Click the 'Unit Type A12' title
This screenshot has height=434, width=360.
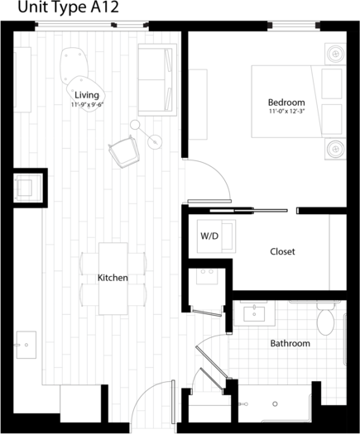68,7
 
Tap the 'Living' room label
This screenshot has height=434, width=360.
87,95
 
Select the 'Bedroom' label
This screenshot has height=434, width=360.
286,103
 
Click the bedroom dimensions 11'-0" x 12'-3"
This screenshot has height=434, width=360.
286,112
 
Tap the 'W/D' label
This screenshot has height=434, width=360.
209,236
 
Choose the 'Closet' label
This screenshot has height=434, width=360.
282,251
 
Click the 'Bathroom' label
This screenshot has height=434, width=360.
290,344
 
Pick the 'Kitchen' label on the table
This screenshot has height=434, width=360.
113,278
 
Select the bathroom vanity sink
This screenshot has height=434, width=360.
254,314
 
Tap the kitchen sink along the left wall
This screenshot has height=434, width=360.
26,345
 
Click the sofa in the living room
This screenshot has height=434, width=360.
157,79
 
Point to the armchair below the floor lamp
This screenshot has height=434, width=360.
124,151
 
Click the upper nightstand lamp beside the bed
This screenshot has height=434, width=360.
335,54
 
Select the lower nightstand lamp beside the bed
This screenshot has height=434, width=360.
335,149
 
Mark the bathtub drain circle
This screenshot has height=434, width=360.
275,404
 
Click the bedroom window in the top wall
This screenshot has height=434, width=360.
294,26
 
